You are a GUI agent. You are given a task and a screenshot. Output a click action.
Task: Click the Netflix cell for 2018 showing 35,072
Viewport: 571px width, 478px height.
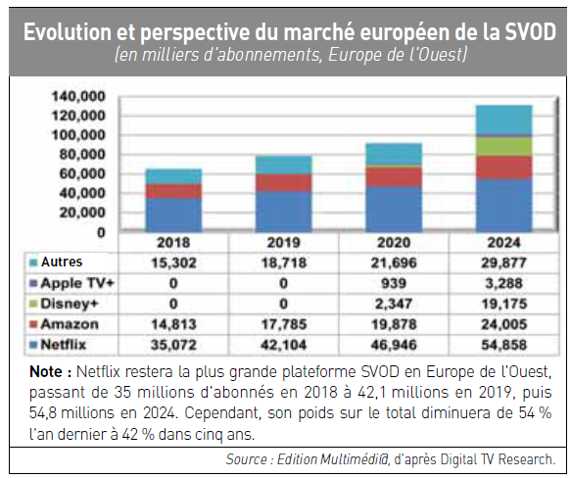tap(173, 345)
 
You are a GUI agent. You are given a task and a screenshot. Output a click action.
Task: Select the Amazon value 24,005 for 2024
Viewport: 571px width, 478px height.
tap(504, 324)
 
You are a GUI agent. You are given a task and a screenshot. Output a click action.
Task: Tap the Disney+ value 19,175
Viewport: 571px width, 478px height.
tap(504, 304)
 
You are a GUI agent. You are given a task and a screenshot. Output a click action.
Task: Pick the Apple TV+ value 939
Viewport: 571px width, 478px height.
tap(394, 283)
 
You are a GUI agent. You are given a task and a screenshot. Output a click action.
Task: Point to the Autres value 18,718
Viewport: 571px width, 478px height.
tap(284, 263)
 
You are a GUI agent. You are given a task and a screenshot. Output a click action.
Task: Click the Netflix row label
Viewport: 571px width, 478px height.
tap(64, 344)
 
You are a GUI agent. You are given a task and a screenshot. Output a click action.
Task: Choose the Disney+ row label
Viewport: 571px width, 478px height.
tap(70, 304)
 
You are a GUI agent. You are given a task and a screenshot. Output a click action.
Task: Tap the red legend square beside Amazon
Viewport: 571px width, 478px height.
tap(33, 324)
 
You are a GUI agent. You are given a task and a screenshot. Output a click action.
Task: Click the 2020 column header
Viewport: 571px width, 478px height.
tap(394, 242)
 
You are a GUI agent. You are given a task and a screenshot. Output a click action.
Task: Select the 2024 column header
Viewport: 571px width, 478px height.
tap(504, 242)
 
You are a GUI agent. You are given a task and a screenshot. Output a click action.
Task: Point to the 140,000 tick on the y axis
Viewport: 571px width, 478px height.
tap(78, 96)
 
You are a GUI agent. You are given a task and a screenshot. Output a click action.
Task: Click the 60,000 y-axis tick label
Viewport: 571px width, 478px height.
tap(82, 173)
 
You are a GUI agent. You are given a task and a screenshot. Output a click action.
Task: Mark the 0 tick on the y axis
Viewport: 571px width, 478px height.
tap(101, 232)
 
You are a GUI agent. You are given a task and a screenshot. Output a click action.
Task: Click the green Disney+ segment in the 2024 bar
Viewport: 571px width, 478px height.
tap(504, 147)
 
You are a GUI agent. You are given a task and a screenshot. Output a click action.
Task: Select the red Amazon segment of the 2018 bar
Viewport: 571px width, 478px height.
tap(173, 191)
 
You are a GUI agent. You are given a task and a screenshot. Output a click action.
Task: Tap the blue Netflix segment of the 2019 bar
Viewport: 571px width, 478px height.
tap(284, 212)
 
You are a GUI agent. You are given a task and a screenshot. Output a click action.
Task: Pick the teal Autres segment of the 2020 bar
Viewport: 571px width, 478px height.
tap(394, 155)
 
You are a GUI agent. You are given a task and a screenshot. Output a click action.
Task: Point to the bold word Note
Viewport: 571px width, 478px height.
tap(46, 371)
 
